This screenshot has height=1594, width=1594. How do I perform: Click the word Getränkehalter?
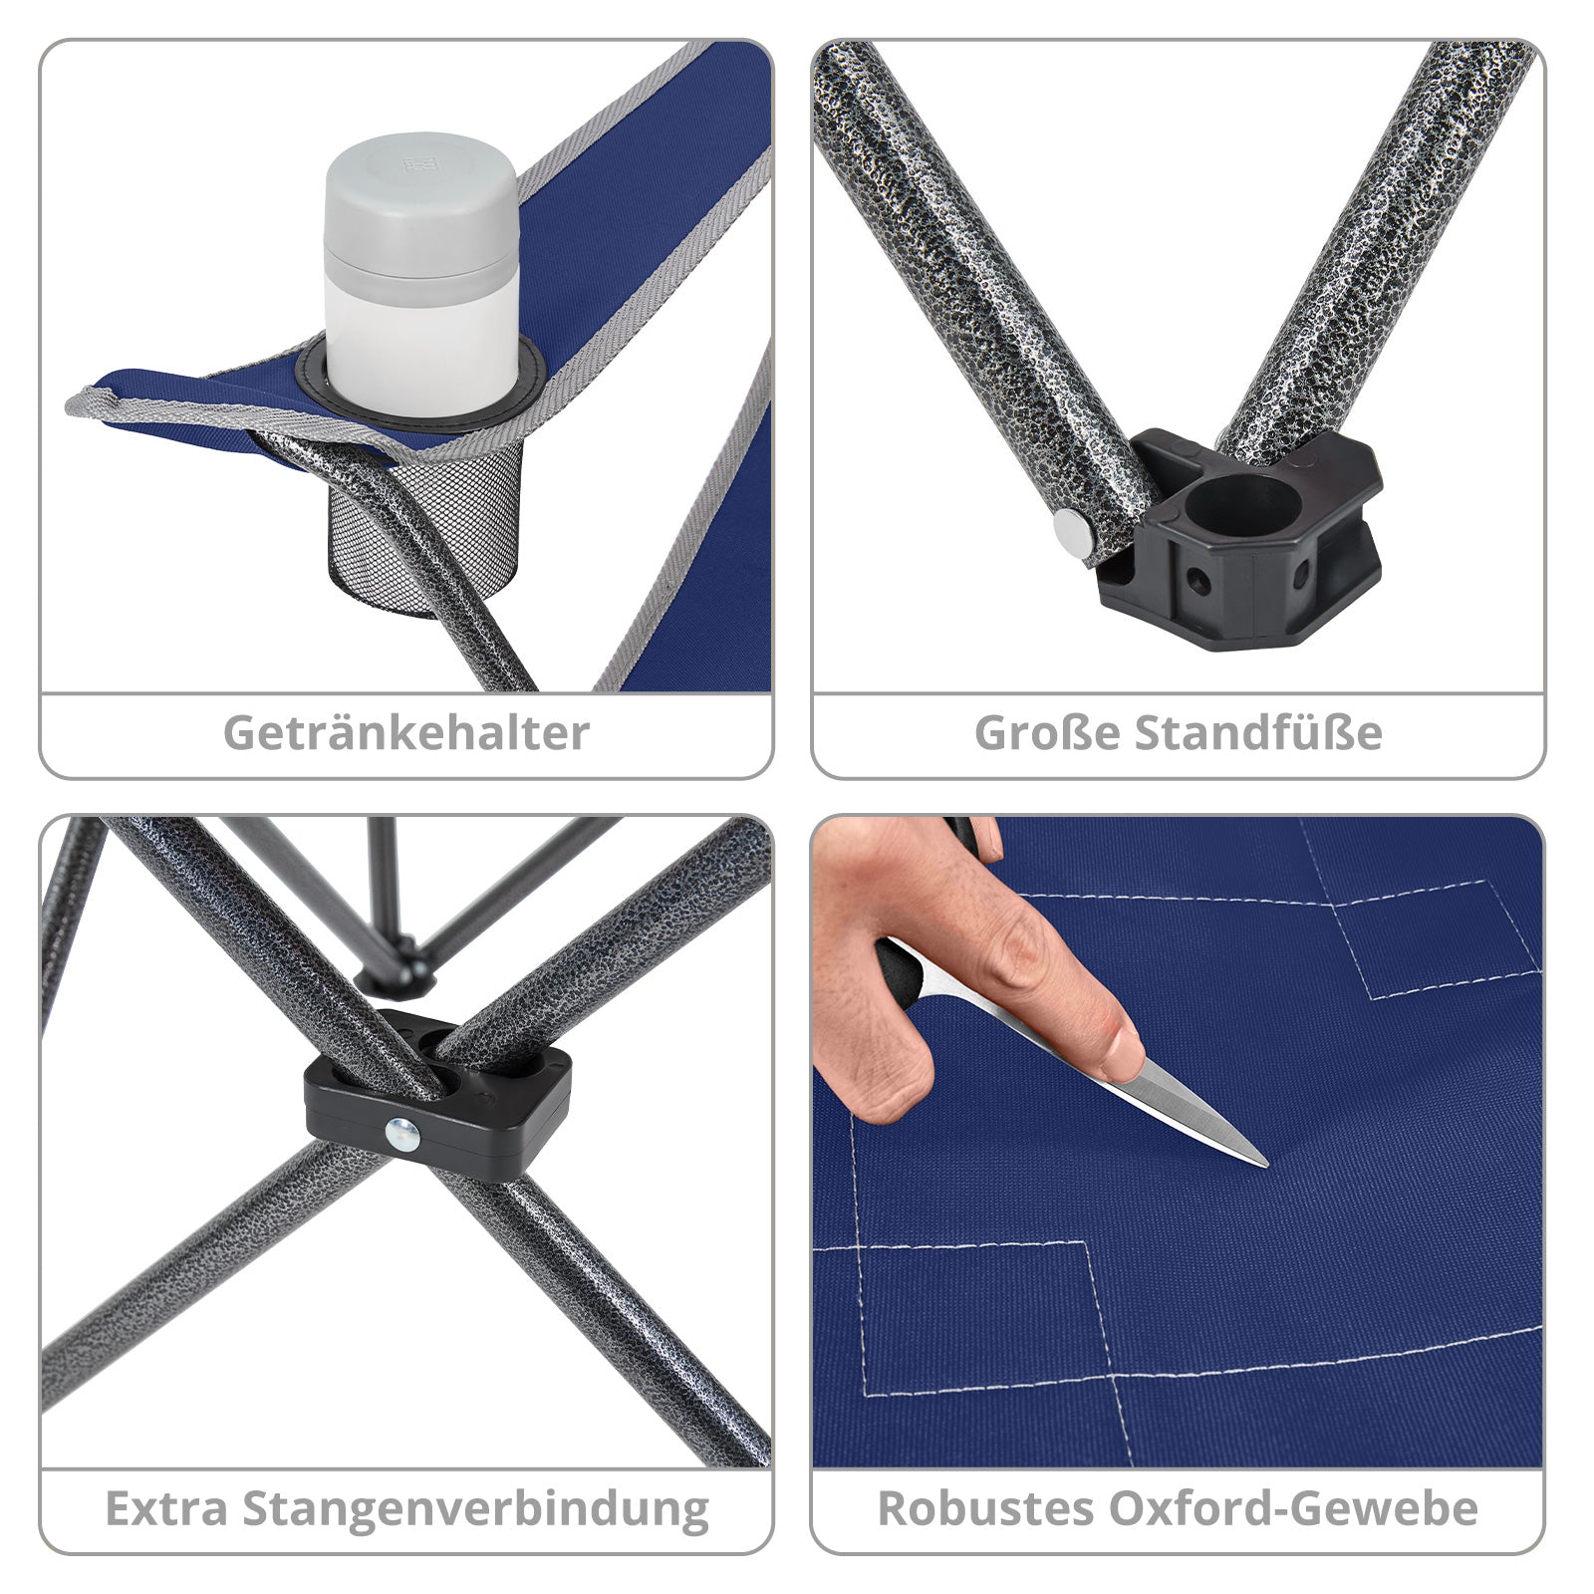(x=406, y=733)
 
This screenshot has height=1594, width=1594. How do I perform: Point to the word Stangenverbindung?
(x=476, y=1510)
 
